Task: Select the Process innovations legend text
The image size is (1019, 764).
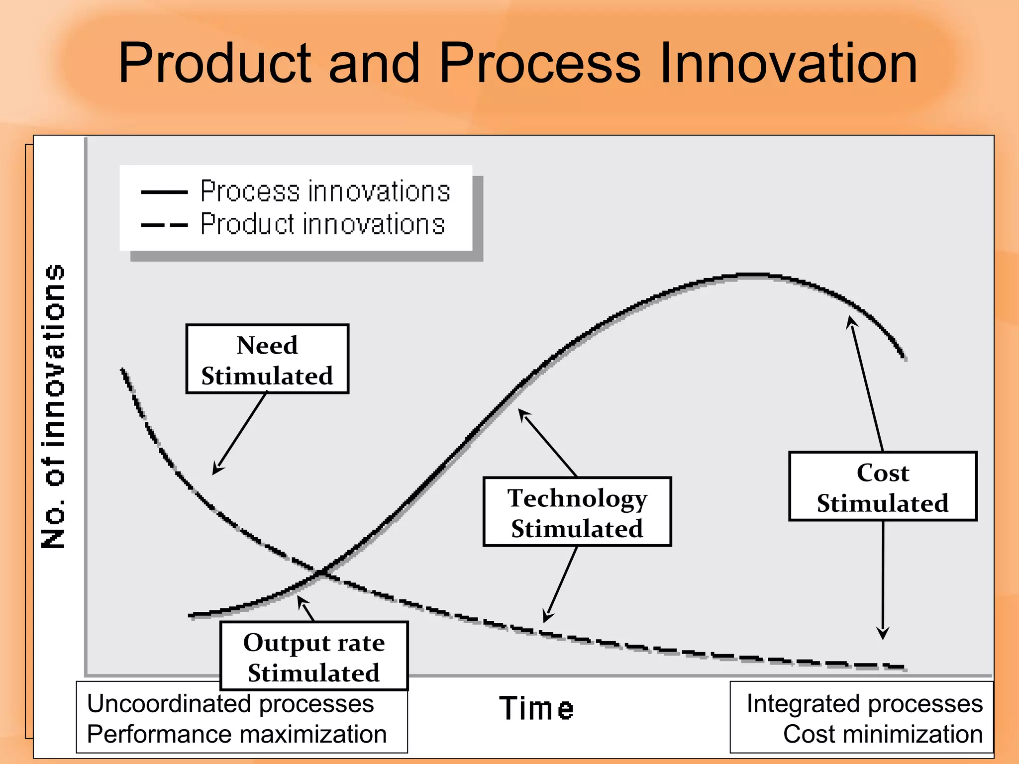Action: click(x=325, y=191)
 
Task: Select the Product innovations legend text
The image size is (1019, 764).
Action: click(x=322, y=224)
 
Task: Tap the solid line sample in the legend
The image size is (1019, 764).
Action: click(x=164, y=192)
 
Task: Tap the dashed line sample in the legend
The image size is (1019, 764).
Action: click(x=164, y=225)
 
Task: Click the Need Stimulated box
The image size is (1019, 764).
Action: click(x=267, y=359)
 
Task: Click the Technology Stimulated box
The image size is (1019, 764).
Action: click(x=577, y=512)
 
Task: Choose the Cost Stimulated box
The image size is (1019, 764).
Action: click(x=883, y=486)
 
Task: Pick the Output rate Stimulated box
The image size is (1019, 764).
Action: click(x=314, y=656)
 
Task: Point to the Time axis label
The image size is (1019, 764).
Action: click(x=536, y=708)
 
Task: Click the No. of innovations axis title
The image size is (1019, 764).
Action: click(x=54, y=406)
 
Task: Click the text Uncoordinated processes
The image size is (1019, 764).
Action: click(x=230, y=703)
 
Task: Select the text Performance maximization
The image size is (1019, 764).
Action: click(x=237, y=734)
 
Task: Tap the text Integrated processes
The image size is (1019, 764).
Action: click(x=865, y=703)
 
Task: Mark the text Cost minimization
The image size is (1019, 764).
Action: click(x=883, y=734)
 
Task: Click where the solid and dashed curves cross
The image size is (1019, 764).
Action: click(x=322, y=573)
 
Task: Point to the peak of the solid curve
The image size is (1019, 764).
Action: click(x=754, y=275)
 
